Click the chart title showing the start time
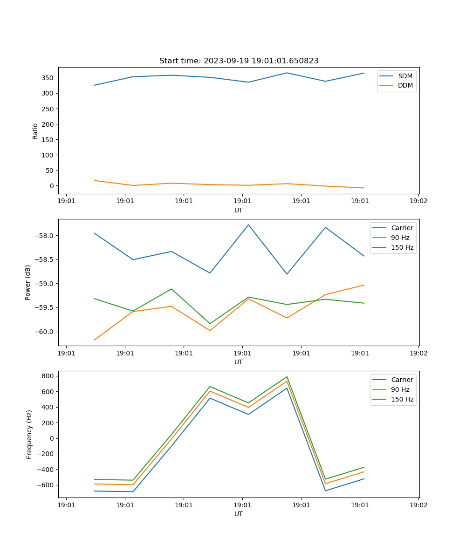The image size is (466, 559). [x=239, y=61]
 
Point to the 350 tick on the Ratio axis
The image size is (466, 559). [x=48, y=78]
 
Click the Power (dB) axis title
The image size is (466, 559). [x=28, y=282]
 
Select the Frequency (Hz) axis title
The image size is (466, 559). [x=29, y=434]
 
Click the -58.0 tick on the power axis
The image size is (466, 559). [x=45, y=236]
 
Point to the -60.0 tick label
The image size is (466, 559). [x=45, y=332]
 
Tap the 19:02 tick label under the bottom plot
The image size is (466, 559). [x=418, y=504]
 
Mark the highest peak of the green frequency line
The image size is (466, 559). [x=287, y=377]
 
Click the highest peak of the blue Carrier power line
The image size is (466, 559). [x=248, y=225]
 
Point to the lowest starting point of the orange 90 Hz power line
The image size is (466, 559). [x=95, y=340]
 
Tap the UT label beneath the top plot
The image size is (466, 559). [x=239, y=210]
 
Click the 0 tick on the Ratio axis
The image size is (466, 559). [x=52, y=186]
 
